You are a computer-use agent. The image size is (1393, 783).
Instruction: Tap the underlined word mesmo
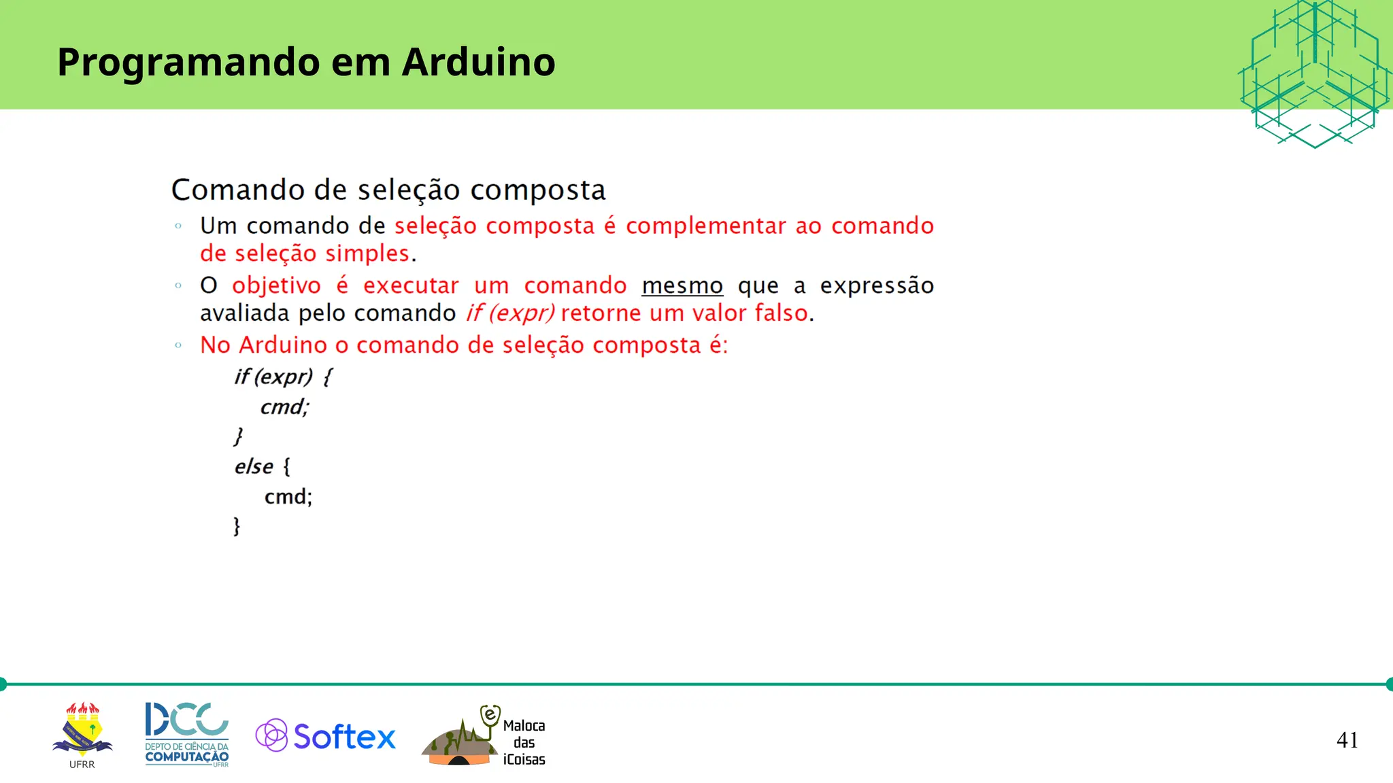point(682,286)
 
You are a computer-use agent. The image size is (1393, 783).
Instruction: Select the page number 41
point(1347,739)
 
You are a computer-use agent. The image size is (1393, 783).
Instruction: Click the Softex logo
point(326,736)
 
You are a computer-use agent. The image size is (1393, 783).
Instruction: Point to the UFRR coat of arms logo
point(82,731)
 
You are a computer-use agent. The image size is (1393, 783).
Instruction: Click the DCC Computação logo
point(187,733)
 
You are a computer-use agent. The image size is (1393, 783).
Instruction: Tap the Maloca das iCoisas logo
point(484,737)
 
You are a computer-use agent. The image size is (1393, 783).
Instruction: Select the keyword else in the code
point(254,467)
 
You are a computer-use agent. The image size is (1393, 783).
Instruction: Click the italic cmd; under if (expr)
point(284,407)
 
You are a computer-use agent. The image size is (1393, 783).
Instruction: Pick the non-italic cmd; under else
point(288,497)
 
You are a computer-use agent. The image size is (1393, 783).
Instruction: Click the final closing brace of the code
point(237,526)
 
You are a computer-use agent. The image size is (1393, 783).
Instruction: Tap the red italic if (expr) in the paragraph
point(509,313)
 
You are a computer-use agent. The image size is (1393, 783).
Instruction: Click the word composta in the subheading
point(537,190)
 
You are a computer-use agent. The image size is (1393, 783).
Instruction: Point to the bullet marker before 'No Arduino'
point(178,345)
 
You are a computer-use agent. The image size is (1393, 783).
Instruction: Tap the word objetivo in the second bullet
point(276,286)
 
